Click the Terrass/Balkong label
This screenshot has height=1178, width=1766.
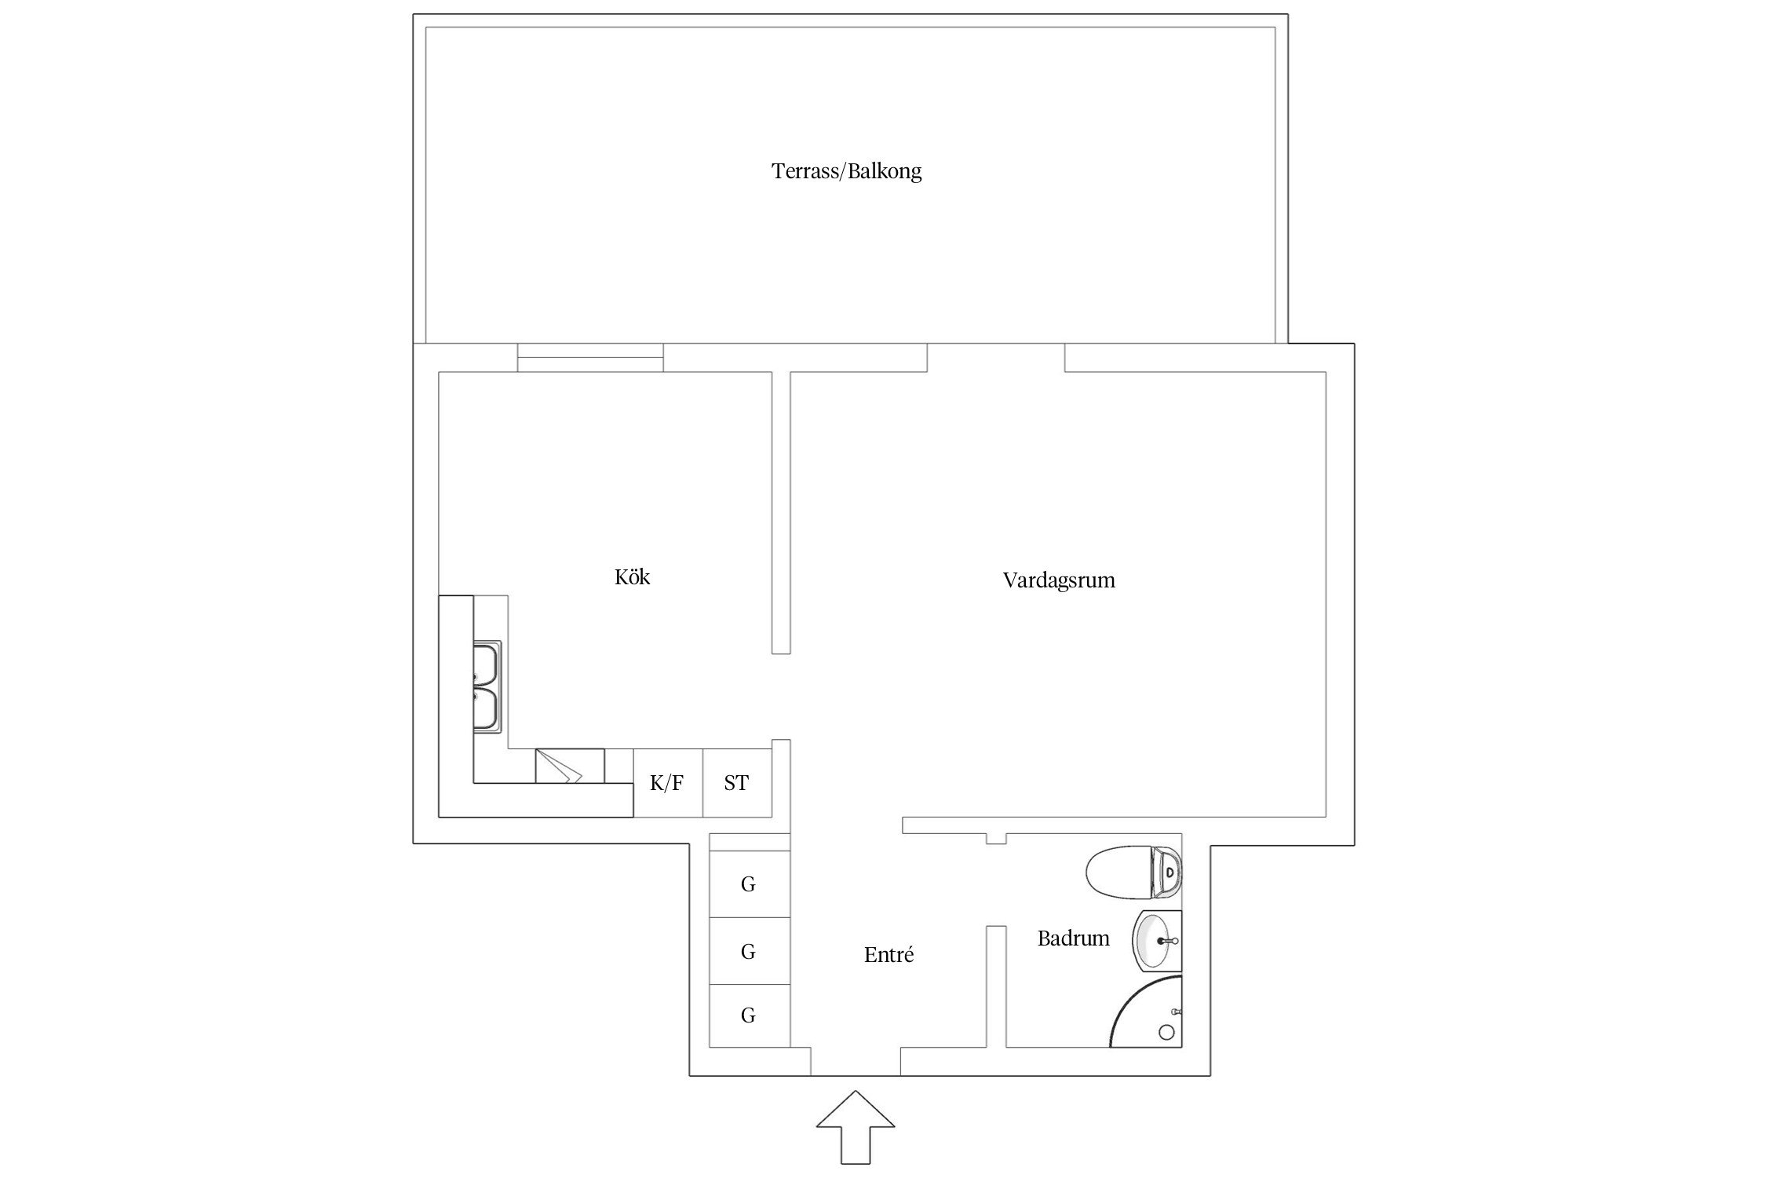pyautogui.click(x=846, y=171)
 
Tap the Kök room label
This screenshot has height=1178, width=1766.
pyautogui.click(x=632, y=577)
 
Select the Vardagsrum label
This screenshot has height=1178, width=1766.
pyautogui.click(x=1058, y=580)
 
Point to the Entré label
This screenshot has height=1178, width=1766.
pyautogui.click(x=888, y=955)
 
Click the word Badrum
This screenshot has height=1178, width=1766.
pyautogui.click(x=1073, y=938)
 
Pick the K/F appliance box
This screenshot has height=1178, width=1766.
pyautogui.click(x=667, y=783)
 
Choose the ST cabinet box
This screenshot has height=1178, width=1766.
pyautogui.click(x=736, y=783)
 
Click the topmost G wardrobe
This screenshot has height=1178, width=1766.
pyautogui.click(x=749, y=884)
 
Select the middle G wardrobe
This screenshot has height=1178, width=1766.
pyautogui.click(x=749, y=952)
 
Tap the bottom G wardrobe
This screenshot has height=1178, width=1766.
pyautogui.click(x=749, y=1015)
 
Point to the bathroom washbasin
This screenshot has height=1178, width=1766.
pyautogui.click(x=1155, y=940)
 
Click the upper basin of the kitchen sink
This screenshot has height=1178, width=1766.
pyautogui.click(x=487, y=664)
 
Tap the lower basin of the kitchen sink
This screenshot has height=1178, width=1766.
pyautogui.click(x=487, y=709)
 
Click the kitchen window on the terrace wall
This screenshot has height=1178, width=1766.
pyautogui.click(x=590, y=357)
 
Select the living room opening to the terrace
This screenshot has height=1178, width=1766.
pyautogui.click(x=995, y=357)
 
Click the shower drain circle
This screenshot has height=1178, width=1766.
pyautogui.click(x=1167, y=1032)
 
